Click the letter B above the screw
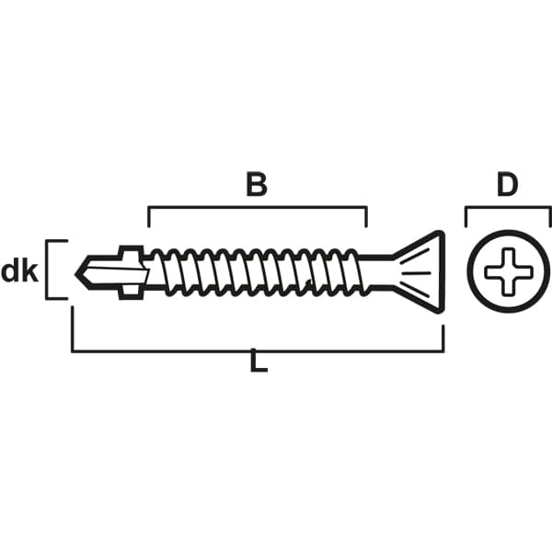point(257,184)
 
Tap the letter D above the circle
point(507,185)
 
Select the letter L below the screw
point(259,360)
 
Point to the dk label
point(19,271)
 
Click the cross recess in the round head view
point(509,271)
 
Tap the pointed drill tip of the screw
point(76,274)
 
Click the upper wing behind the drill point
point(132,251)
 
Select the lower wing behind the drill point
point(131,293)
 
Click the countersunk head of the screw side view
point(419,271)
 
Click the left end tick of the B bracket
point(148,216)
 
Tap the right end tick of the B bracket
point(366,216)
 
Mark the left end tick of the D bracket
point(466,216)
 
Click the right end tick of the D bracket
point(549,216)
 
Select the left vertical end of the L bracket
point(73,328)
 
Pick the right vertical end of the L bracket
point(443,338)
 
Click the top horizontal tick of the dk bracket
point(56,241)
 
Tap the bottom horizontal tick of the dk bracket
point(56,298)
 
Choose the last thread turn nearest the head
point(356,271)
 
